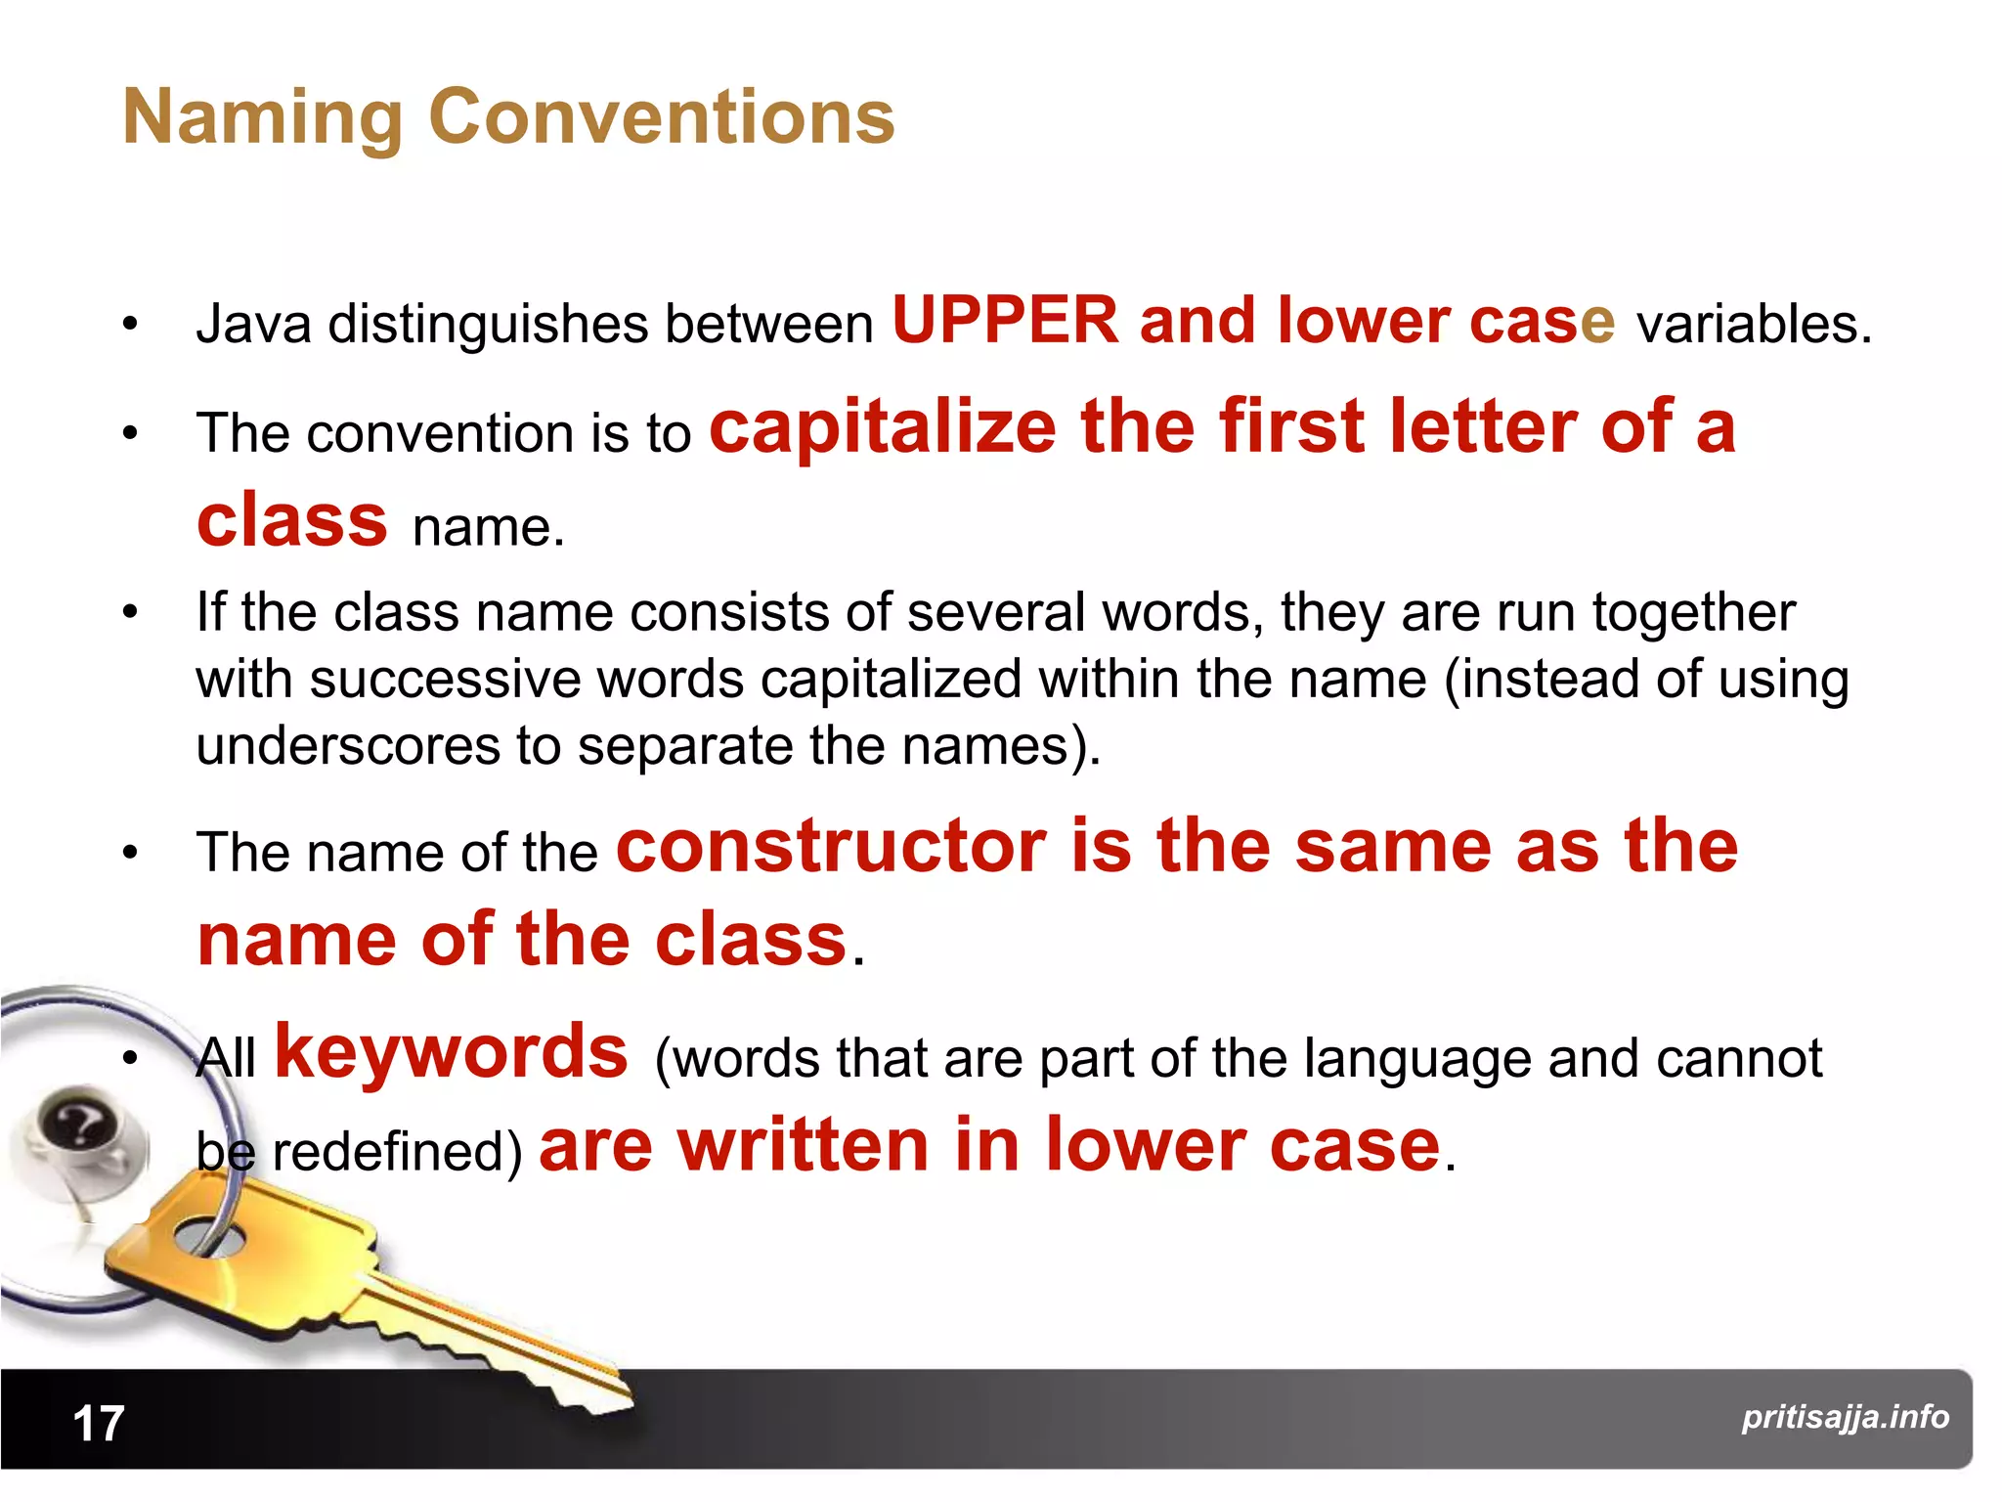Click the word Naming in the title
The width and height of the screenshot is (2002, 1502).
(x=262, y=117)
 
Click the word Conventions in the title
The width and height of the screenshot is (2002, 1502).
(x=662, y=117)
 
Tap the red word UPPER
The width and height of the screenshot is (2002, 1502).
(x=1005, y=321)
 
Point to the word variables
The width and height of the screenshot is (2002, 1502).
(x=1754, y=325)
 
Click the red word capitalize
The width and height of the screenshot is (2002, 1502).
(x=883, y=427)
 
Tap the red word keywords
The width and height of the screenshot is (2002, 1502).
(x=451, y=1052)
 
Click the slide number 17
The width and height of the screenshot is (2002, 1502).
(x=99, y=1424)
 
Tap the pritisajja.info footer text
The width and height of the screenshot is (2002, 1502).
(x=1845, y=1417)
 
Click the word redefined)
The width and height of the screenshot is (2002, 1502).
(x=397, y=1152)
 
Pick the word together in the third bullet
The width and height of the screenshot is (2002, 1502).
(x=1693, y=614)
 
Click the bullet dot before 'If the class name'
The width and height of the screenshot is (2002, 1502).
(x=131, y=614)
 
